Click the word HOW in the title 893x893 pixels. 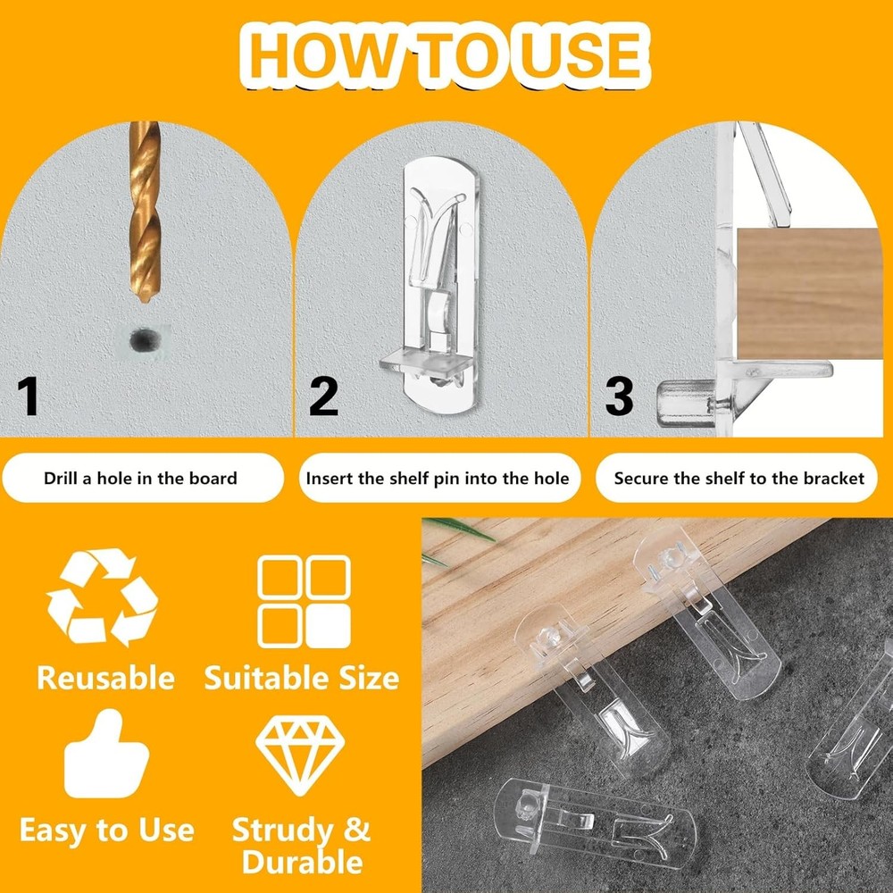320,54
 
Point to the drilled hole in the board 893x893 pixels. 142,339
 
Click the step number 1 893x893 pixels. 29,397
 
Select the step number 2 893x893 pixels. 323,397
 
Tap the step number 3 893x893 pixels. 618,397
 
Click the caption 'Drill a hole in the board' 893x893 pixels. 140,478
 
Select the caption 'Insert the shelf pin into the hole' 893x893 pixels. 438,478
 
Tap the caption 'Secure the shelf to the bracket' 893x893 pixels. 739,478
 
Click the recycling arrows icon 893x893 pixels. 103,597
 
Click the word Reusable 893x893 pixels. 105,679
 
